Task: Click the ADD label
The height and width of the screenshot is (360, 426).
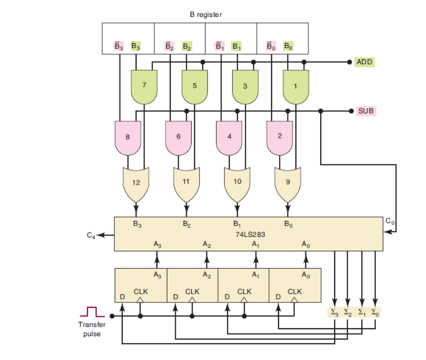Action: point(364,62)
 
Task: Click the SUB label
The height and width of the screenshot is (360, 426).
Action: point(365,110)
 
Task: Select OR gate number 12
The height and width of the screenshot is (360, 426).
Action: point(136,182)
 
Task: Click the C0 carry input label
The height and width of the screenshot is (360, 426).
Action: point(390,220)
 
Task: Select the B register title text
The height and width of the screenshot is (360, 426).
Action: point(206,15)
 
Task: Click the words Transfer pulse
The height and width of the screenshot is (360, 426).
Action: point(91,329)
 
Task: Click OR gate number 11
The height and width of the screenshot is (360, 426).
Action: point(187,182)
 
